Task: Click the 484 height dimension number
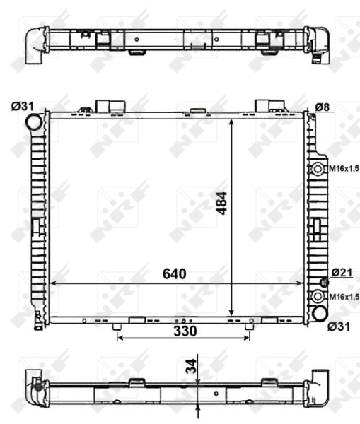pos(221,205)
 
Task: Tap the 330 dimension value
pos(183,331)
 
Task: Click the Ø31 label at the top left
pos(22,106)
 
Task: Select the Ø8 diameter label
pos(323,107)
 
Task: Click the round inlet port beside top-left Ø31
pos(33,122)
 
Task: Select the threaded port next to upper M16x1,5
pos(319,168)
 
